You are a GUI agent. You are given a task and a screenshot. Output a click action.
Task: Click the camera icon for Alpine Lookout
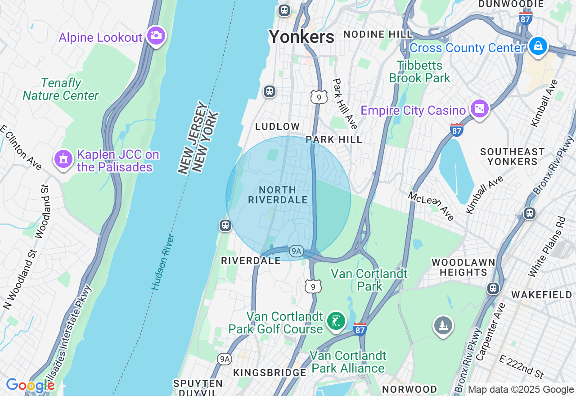(156, 36)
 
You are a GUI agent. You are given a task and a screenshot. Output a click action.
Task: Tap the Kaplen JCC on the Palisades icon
(63, 159)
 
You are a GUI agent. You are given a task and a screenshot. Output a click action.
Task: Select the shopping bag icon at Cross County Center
(538, 46)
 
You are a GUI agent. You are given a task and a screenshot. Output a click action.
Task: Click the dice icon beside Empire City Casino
(480, 109)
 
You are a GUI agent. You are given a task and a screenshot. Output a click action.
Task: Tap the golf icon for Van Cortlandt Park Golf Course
(336, 321)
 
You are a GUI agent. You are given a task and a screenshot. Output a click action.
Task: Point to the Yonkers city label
(301, 37)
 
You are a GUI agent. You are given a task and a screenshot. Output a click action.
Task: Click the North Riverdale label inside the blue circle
(278, 195)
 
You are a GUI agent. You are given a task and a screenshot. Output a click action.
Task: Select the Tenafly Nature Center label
(61, 90)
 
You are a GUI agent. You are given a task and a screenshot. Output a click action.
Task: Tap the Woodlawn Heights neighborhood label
(463, 267)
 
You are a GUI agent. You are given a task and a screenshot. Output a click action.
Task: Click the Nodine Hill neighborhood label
(378, 34)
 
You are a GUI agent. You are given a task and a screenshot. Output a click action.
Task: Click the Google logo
(30, 385)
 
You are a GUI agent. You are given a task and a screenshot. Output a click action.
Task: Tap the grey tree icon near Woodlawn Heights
(443, 325)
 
